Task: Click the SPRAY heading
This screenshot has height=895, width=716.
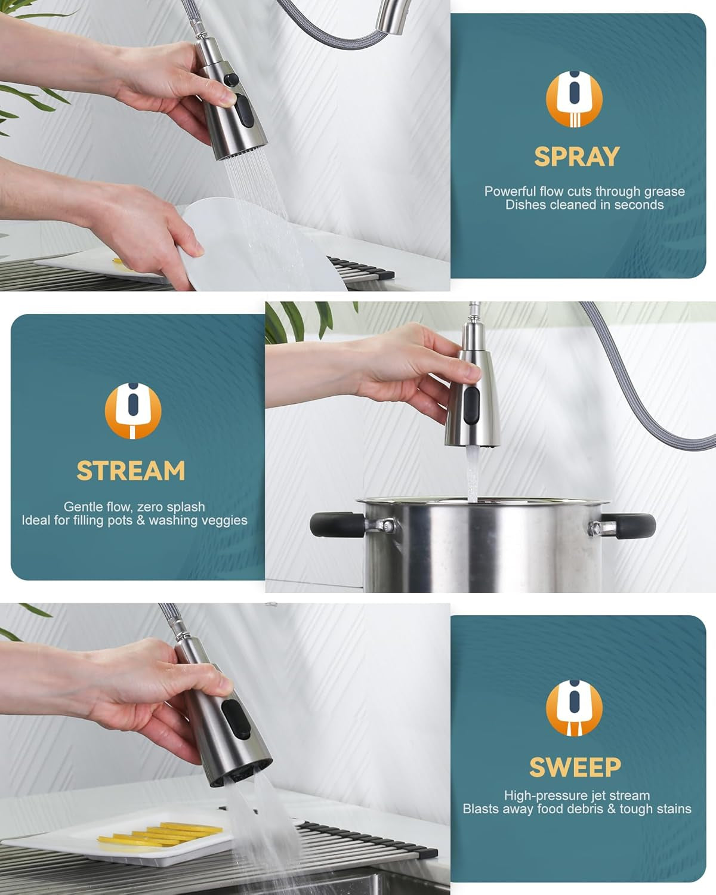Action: point(577,157)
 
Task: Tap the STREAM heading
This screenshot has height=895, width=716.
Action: point(131,471)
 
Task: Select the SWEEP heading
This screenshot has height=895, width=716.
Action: point(575,767)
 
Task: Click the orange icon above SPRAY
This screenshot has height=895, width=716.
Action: point(575,99)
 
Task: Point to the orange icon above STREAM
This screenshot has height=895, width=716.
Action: point(133,411)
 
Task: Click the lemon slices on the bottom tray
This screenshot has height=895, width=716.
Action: point(161,833)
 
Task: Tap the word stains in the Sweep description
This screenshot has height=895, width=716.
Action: point(672,809)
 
